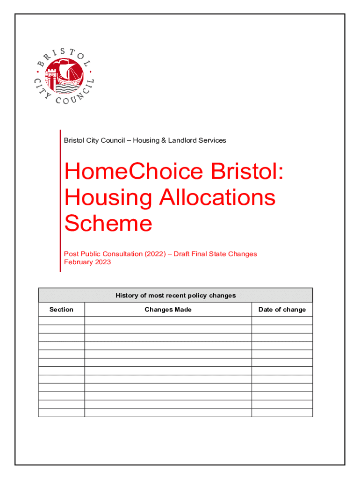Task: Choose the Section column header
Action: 61,309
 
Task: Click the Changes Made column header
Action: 168,309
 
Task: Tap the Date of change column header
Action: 282,309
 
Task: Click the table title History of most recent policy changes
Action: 175,295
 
